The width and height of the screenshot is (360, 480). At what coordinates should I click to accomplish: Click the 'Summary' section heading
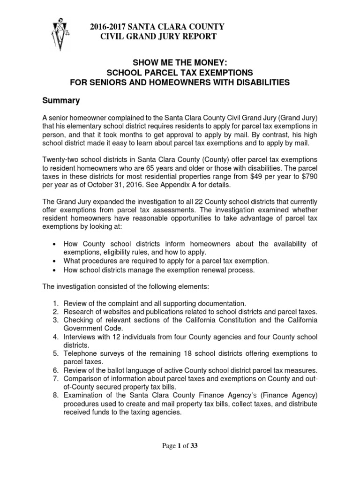pyautogui.click(x=61, y=100)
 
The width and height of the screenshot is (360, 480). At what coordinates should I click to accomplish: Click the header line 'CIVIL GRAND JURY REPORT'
pyautogui.click(x=159, y=37)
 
